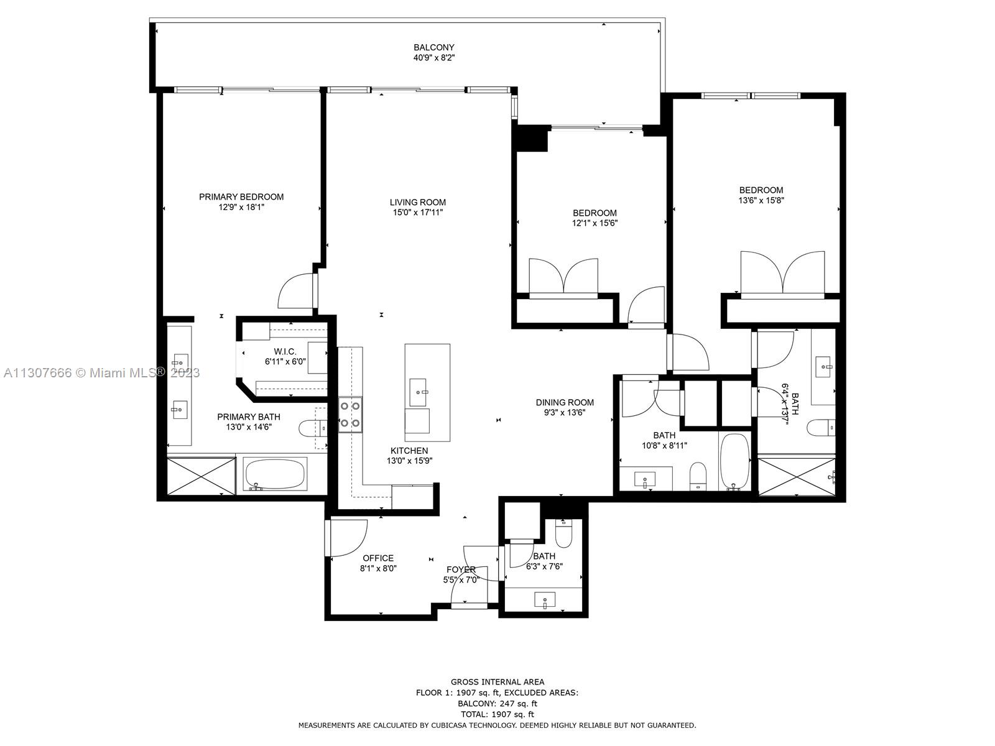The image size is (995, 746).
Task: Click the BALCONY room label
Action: pos(433,47)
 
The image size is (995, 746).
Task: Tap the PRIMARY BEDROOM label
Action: pos(241,196)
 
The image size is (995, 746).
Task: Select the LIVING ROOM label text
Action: pos(417,202)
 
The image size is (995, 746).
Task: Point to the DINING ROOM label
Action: pos(565,402)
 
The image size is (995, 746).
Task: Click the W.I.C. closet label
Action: pos(285,351)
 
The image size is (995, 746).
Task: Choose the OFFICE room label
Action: pos(378,558)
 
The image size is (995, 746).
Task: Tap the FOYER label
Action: pos(461,569)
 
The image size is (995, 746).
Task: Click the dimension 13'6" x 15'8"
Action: pos(761,200)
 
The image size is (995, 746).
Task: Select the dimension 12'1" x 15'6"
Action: pos(595,223)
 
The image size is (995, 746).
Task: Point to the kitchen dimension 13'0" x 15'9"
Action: pos(409,461)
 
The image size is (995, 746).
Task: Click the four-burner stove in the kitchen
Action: pos(350,414)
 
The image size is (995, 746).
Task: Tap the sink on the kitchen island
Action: pos(417,392)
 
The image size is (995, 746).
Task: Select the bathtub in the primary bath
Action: pos(275,474)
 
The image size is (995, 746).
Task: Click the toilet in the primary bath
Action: pos(313,427)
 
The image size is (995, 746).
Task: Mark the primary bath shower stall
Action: pos(201,476)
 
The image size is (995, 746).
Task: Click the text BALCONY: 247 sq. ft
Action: pos(497,704)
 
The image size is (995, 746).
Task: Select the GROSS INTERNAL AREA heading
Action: pos(497,682)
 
